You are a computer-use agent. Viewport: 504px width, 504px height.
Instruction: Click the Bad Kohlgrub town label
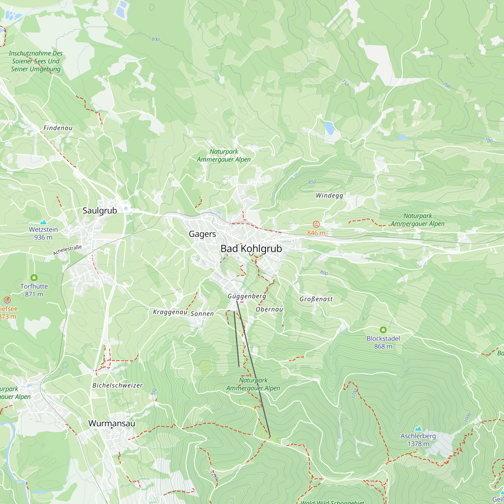[251, 249]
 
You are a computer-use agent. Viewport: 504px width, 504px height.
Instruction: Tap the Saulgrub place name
[100, 210]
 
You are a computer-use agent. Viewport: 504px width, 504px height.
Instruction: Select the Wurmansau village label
[112, 423]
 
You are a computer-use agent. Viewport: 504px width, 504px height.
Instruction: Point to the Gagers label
[202, 234]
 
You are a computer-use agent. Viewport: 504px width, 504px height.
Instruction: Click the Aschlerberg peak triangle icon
[418, 429]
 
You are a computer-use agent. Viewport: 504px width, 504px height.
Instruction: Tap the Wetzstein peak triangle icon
[43, 222]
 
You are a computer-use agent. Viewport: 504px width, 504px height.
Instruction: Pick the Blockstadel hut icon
[383, 330]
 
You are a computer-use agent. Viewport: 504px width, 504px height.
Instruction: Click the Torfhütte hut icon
[34, 277]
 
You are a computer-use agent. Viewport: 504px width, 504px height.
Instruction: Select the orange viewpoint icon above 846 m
[316, 224]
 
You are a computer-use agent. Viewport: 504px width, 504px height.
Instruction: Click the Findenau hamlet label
[58, 128]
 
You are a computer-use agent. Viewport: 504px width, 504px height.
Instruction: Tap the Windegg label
[329, 195]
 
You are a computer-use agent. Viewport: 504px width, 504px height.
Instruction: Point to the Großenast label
[316, 299]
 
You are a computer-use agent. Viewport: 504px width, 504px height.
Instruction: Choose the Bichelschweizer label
[117, 385]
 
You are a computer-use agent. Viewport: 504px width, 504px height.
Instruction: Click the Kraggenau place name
[170, 312]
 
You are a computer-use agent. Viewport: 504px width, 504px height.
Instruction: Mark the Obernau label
[269, 309]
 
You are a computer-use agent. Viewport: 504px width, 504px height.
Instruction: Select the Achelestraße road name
[68, 250]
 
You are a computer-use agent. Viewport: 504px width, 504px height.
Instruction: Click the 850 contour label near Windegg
[312, 182]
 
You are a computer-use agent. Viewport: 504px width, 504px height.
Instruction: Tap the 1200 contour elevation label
[354, 393]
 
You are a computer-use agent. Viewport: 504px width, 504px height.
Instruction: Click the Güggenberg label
[247, 296]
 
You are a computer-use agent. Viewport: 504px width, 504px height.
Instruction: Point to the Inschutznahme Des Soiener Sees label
[36, 61]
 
